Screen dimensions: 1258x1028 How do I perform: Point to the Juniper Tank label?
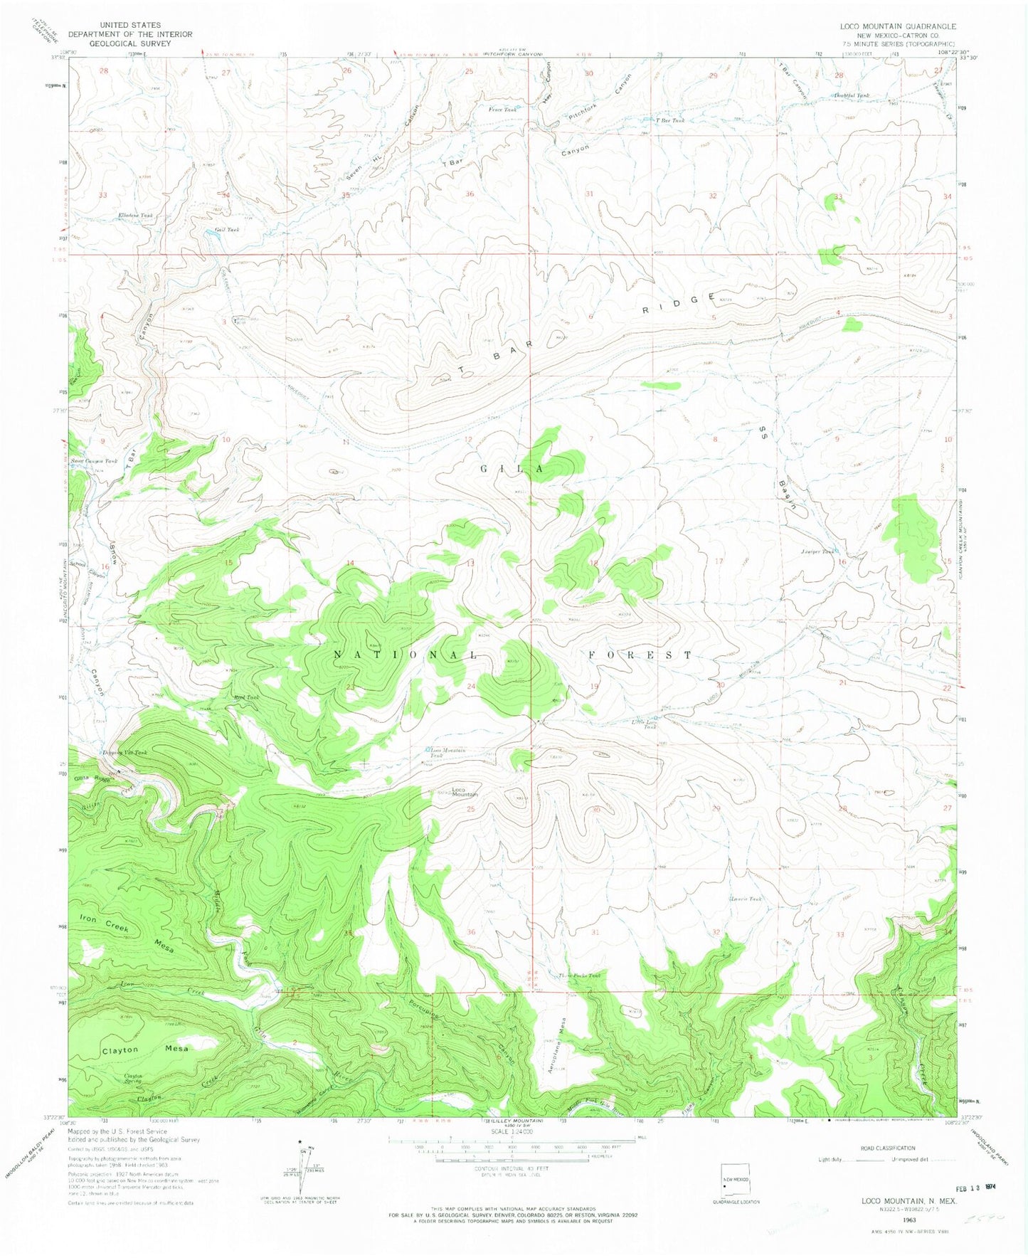tap(817, 551)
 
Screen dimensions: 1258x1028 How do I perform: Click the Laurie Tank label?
tap(746, 899)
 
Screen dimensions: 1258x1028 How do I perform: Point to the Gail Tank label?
tap(227, 230)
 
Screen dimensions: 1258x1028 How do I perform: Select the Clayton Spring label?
tap(134, 1078)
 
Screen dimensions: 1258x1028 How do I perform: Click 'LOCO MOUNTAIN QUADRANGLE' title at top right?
tap(897, 26)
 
